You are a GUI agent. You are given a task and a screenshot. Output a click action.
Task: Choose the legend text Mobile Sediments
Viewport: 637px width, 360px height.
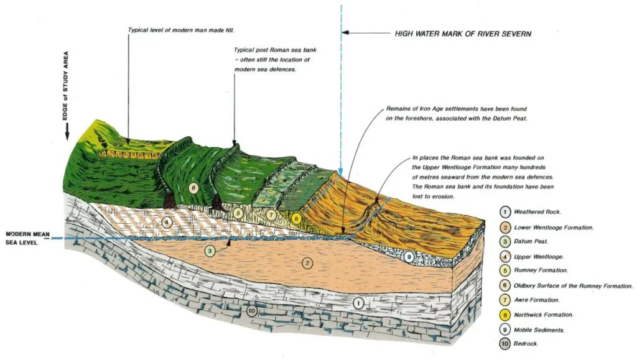[x=539, y=330]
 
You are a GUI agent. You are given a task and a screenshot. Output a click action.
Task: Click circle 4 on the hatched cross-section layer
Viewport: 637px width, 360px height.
[x=166, y=221]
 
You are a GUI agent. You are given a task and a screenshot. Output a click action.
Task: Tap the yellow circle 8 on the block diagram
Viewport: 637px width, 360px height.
[x=296, y=218]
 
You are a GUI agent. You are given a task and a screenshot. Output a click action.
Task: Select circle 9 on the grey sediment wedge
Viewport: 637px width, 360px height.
[x=409, y=256]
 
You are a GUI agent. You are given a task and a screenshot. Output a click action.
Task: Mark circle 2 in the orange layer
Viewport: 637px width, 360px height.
[x=307, y=262]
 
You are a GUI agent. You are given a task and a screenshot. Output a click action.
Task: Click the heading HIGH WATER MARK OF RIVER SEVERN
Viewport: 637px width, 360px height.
[x=463, y=34]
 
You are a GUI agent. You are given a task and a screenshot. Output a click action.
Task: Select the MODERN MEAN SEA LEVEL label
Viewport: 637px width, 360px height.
[x=26, y=238]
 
